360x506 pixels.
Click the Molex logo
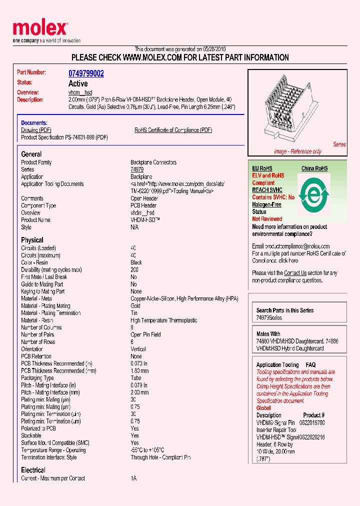pyautogui.click(x=40, y=29)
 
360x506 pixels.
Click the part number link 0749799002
pyautogui.click(x=86, y=73)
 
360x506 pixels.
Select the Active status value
pyautogui.click(x=78, y=83)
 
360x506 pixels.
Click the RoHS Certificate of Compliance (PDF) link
pyautogui.click(x=173, y=130)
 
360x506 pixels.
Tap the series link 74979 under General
pyautogui.click(x=137, y=169)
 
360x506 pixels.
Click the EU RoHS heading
pyautogui.click(x=262, y=168)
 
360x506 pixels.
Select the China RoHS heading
pyautogui.click(x=314, y=168)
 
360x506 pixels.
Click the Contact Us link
pyautogui.click(x=295, y=273)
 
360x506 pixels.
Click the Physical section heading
pyautogui.click(x=32, y=240)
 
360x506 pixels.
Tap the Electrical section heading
pyautogui.click(x=33, y=470)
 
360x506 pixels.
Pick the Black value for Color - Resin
pyautogui.click(x=136, y=262)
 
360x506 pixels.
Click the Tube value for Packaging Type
pyautogui.click(x=136, y=378)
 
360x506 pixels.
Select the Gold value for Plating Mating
pyautogui.click(x=135, y=305)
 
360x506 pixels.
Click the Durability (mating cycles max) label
pyautogui.click(x=51, y=269)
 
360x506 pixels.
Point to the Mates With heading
pyautogui.click(x=268, y=334)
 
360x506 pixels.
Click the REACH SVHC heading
pyautogui.click(x=267, y=190)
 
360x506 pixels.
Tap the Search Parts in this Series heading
pyautogui.click(x=285, y=310)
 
